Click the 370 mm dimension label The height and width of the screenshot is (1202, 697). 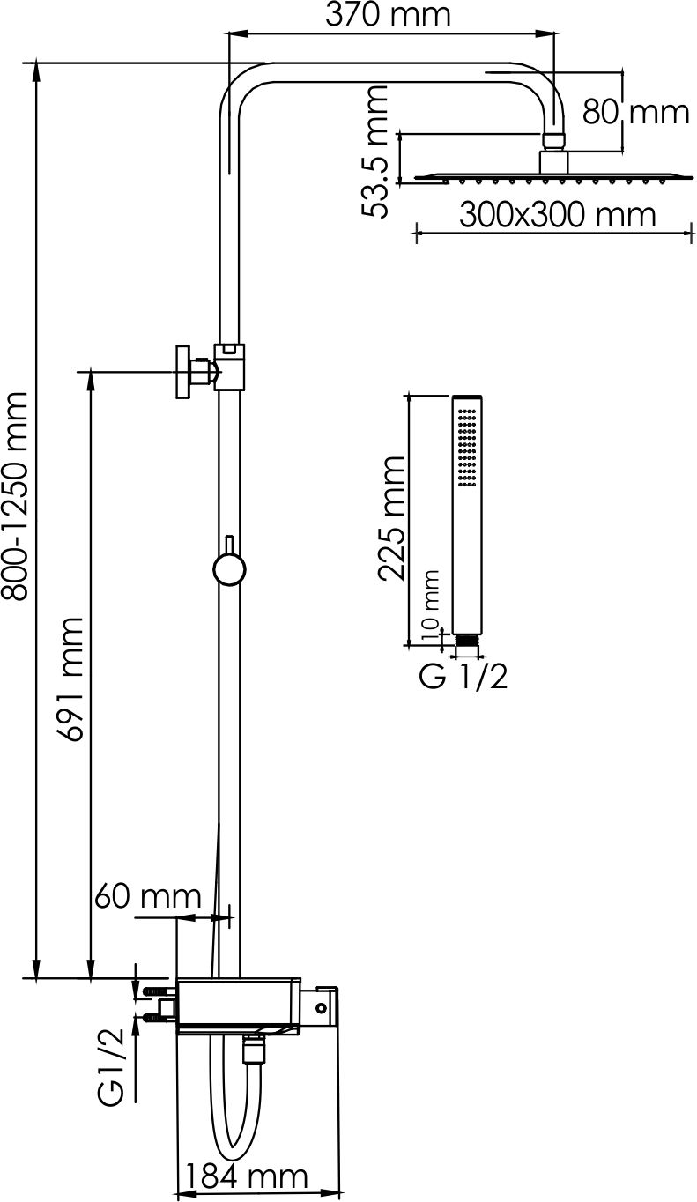click(388, 15)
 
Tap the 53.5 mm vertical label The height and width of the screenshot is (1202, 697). click(374, 152)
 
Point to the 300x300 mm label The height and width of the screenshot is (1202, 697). click(558, 215)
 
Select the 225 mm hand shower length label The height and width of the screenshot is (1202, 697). click(391, 518)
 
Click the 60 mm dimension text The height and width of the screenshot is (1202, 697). click(148, 895)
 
